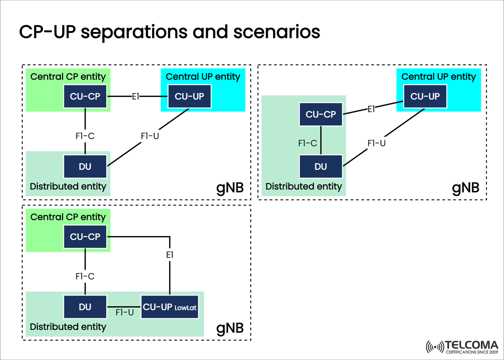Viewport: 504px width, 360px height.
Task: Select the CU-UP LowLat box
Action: click(170, 307)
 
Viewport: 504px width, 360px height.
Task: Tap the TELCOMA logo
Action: click(462, 347)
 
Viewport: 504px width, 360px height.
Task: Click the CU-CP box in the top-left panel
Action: click(85, 97)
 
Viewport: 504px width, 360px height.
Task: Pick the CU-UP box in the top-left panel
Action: click(189, 97)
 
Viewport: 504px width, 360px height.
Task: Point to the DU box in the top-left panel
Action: click(85, 166)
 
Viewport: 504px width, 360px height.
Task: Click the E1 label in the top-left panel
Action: click(135, 97)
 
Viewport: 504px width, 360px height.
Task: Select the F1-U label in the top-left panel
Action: click(150, 136)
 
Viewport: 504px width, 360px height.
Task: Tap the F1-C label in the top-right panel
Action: click(307, 143)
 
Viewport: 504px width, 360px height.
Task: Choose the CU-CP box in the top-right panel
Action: click(321, 114)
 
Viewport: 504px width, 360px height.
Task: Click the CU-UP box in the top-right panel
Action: click(425, 96)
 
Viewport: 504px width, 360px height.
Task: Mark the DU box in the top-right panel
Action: click(321, 166)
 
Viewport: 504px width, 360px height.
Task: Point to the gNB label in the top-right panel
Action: click(465, 187)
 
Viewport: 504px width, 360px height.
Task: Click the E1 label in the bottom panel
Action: click(170, 255)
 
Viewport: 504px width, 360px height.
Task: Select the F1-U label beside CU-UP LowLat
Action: click(124, 313)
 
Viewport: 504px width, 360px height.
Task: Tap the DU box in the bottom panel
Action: click(85, 307)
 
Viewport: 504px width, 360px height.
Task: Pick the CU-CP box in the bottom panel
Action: click(85, 236)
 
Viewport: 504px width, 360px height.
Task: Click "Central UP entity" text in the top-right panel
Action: click(438, 77)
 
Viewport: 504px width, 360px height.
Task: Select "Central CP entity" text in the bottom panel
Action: click(68, 217)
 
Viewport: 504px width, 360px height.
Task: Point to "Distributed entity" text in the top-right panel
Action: click(304, 186)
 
